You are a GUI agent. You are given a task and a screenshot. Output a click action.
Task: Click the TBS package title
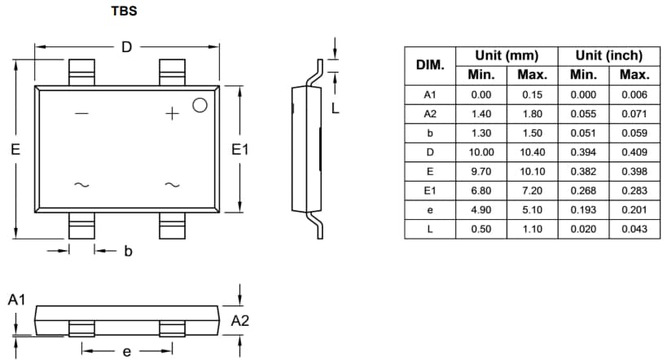point(124,13)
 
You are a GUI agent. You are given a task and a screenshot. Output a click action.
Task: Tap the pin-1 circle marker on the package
point(200,104)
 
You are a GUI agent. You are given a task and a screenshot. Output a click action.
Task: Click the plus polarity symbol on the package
point(172,114)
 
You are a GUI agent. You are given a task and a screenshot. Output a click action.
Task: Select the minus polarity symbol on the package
point(81,114)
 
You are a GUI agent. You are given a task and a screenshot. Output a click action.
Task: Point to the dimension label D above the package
point(126,47)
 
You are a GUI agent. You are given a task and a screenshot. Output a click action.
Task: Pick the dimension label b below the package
point(128,252)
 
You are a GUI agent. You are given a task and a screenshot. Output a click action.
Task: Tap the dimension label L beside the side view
point(335,107)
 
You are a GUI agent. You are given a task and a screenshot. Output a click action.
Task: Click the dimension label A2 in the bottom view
point(240,321)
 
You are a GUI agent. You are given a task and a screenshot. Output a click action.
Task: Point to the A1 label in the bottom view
point(17,301)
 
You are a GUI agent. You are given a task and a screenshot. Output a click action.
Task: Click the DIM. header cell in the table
point(430,65)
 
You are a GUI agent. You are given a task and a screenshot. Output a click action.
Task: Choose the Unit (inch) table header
point(608,55)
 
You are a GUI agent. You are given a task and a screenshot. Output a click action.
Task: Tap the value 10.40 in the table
point(532,152)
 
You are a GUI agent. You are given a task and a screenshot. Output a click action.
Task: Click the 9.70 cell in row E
point(481,171)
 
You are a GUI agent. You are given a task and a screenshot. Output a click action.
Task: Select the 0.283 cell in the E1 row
point(634,191)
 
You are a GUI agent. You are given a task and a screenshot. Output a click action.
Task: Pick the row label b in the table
point(430,133)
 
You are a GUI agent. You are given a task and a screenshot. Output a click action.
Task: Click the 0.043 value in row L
point(634,229)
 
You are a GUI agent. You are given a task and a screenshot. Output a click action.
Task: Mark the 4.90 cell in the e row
point(481,209)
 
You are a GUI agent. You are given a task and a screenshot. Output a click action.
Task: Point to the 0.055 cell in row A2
point(583,114)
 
